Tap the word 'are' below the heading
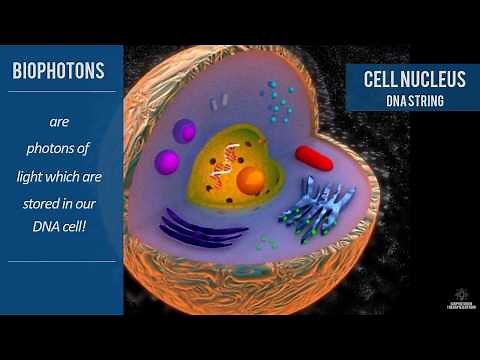61,122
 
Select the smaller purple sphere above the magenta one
184,131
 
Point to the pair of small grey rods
219,99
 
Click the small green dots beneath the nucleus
266,242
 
